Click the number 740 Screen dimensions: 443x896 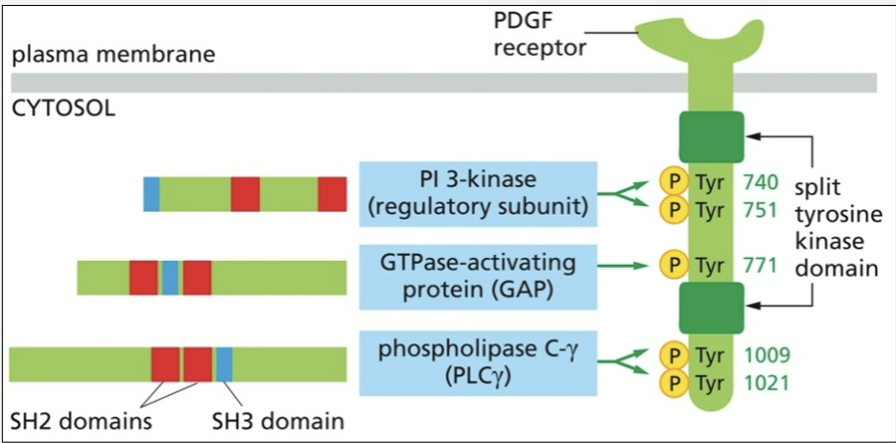[x=761, y=181]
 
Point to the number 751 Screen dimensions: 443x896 [x=761, y=209]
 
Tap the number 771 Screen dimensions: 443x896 [x=761, y=264]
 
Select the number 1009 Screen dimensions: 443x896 [x=766, y=353]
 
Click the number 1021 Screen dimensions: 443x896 [x=766, y=381]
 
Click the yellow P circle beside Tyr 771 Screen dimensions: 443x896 [x=673, y=264]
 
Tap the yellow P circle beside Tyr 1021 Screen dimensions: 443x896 [x=673, y=381]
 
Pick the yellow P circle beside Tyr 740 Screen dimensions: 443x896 [x=673, y=181]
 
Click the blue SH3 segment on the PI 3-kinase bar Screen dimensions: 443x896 [x=151, y=194]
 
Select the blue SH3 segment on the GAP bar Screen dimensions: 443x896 [x=170, y=278]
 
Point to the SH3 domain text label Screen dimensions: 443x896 [x=279, y=422]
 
